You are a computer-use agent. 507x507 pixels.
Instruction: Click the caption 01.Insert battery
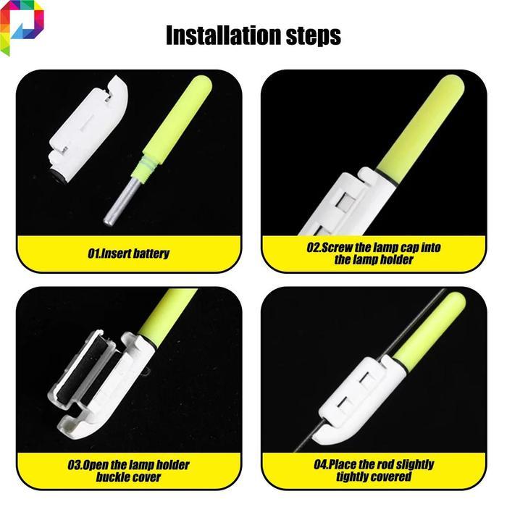click(x=129, y=253)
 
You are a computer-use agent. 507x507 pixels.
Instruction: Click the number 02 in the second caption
click(x=313, y=248)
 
